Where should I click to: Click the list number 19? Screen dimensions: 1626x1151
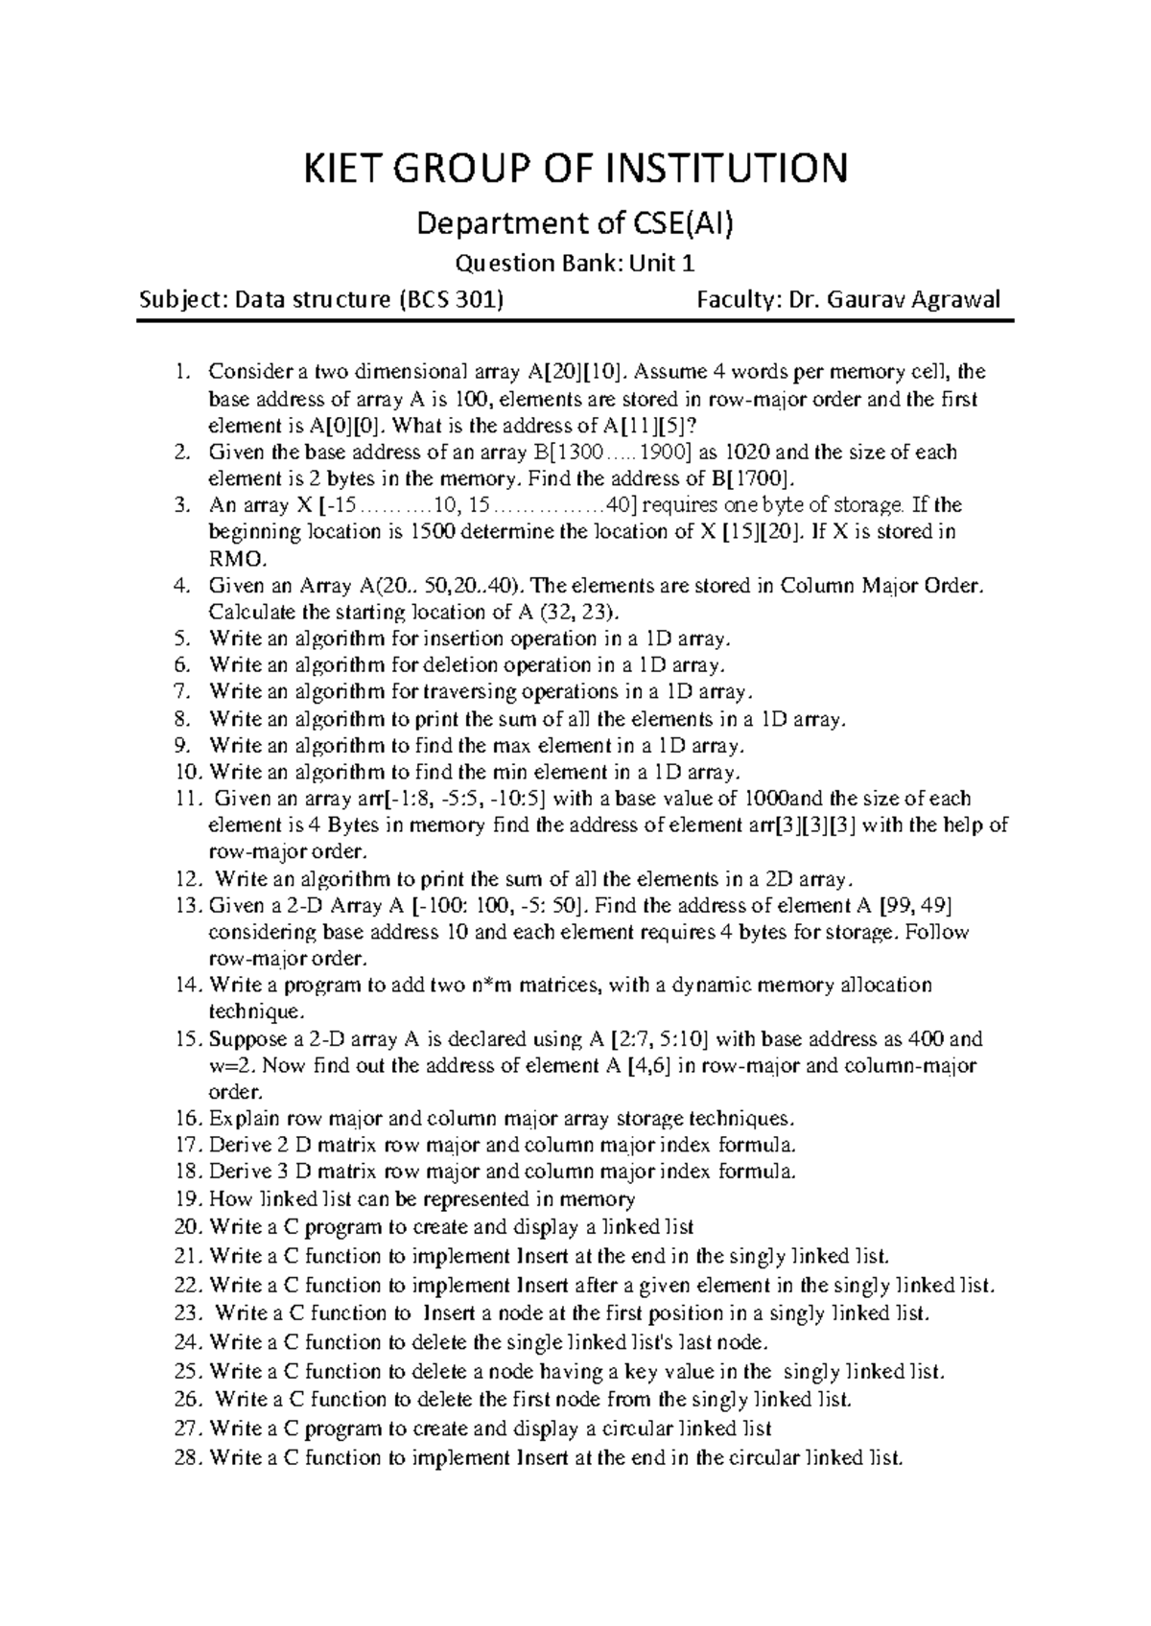pos(189,1199)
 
